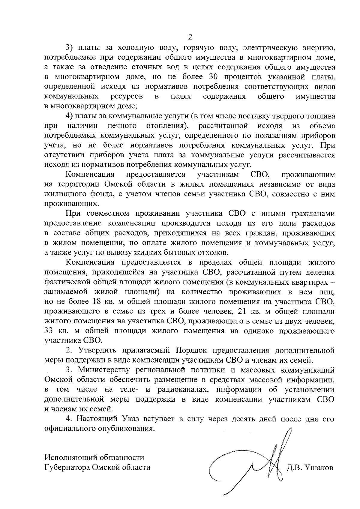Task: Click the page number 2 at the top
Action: pos(189,37)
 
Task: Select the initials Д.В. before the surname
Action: pos(295,468)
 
